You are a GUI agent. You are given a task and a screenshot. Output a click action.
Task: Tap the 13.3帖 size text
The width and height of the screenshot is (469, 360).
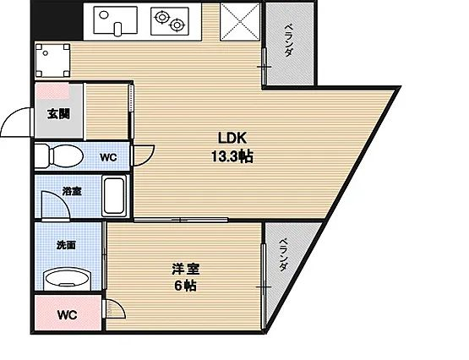[x=232, y=156]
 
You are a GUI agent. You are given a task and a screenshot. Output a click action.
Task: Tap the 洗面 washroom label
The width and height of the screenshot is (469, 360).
[x=66, y=245]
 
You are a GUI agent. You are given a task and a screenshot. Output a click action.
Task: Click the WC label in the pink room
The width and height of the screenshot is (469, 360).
[x=68, y=316]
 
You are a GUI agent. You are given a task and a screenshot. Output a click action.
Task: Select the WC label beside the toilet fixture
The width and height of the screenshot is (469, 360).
[x=108, y=156]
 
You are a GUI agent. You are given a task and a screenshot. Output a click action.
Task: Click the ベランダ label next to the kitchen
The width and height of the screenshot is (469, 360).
[x=288, y=41]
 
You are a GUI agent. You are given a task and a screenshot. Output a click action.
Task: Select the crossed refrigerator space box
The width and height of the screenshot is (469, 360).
[x=240, y=20]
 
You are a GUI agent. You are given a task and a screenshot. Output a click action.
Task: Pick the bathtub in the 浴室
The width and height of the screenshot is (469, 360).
[x=114, y=198]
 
